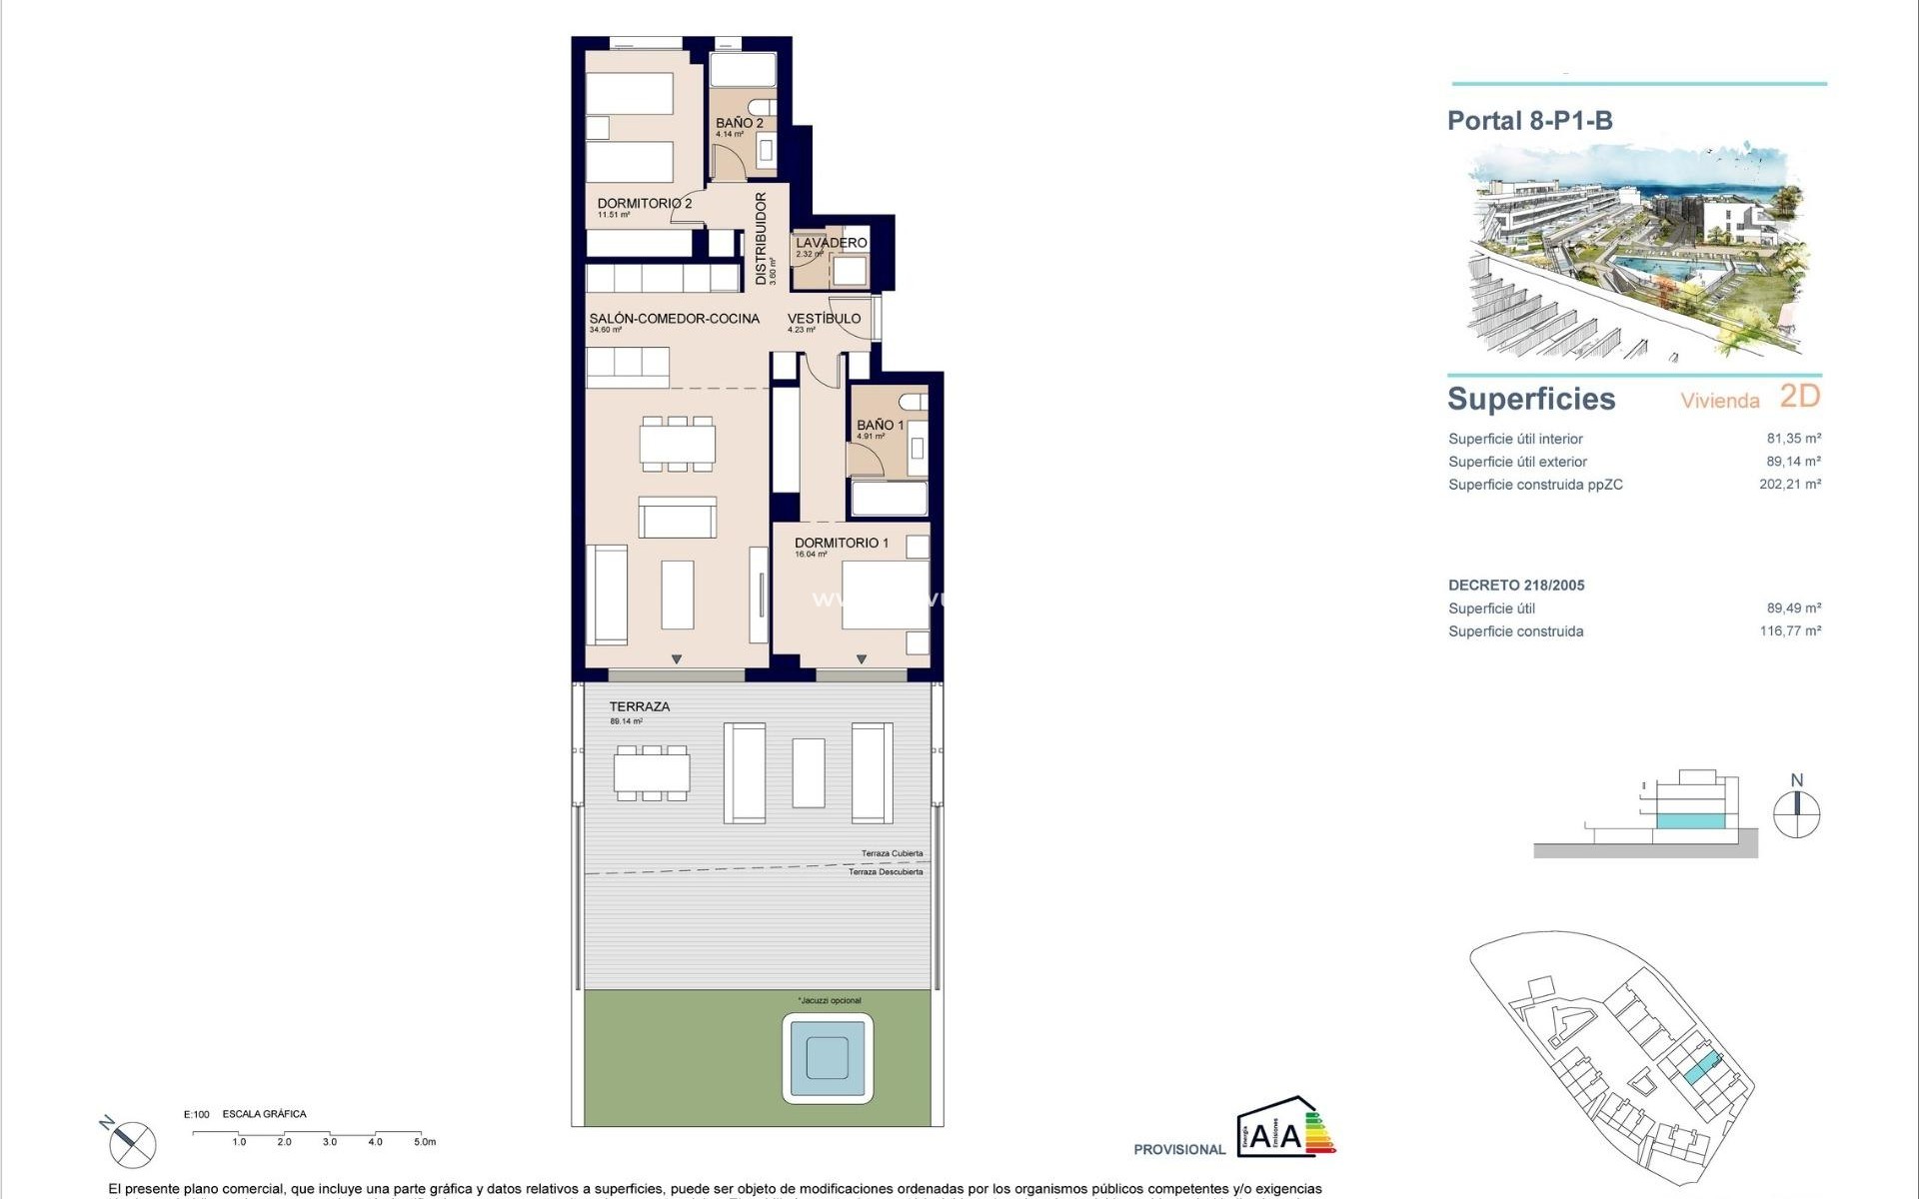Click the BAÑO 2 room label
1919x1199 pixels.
pyautogui.click(x=739, y=124)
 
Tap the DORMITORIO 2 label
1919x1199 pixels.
pyautogui.click(x=645, y=204)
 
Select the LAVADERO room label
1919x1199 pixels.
pyautogui.click(x=831, y=243)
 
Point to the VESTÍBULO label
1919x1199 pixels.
pyautogui.click(x=824, y=319)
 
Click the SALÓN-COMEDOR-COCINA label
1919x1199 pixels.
pyautogui.click(x=675, y=319)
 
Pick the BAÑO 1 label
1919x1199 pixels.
pyautogui.click(x=880, y=425)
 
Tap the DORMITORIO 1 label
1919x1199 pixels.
pyautogui.click(x=841, y=543)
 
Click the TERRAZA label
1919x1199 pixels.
pyautogui.click(x=640, y=706)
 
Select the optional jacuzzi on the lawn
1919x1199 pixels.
pyautogui.click(x=829, y=1057)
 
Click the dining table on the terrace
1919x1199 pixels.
pyautogui.click(x=652, y=772)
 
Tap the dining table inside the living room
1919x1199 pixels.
pyautogui.click(x=678, y=443)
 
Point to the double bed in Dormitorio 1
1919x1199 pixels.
pyautogui.click(x=885, y=596)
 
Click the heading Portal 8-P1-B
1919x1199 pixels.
pyautogui.click(x=1529, y=121)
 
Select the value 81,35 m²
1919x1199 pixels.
pyautogui.click(x=1793, y=438)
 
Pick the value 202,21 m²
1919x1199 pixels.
pyautogui.click(x=1789, y=484)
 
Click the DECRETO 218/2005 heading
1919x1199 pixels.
pyautogui.click(x=1516, y=586)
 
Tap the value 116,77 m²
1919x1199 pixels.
pyautogui.click(x=1789, y=630)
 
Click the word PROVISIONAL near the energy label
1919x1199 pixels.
pyautogui.click(x=1179, y=1149)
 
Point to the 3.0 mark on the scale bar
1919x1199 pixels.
pyautogui.click(x=330, y=1141)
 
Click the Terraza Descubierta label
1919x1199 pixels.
pyautogui.click(x=886, y=872)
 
